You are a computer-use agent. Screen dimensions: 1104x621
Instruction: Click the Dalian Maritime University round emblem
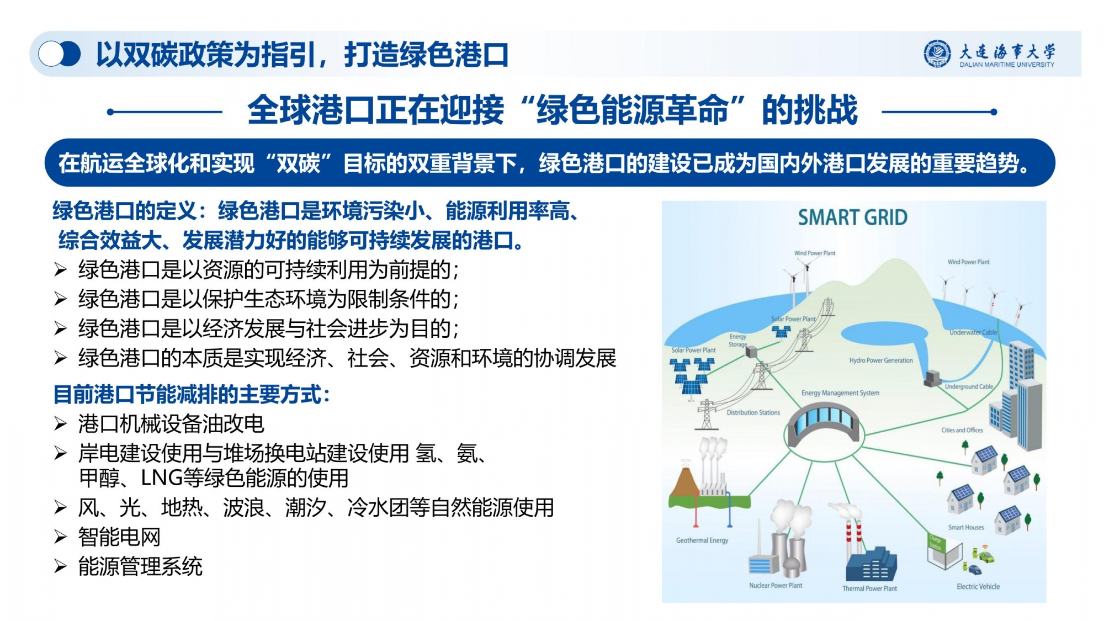pos(937,54)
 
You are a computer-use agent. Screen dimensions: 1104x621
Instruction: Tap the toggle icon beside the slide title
pos(60,54)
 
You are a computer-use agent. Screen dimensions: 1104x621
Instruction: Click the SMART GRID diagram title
pos(852,217)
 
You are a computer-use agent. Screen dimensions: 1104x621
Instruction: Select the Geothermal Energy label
pos(702,540)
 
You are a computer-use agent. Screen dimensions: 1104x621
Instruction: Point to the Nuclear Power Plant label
pos(776,585)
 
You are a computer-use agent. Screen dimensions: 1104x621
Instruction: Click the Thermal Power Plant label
pos(869,588)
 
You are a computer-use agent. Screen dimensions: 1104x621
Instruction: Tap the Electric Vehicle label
pos(978,587)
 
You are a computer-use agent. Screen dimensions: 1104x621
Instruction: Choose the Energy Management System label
pos(840,393)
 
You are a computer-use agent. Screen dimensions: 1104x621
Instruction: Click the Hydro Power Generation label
pos(881,360)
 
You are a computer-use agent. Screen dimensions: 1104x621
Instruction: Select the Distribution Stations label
pos(753,412)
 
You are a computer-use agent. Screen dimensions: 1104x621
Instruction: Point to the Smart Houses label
pos(966,527)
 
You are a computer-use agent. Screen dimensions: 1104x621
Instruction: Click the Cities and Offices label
pos(962,430)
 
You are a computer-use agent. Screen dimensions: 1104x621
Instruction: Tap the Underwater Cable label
pos(973,332)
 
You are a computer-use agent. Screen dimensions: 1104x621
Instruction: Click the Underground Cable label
pos(969,386)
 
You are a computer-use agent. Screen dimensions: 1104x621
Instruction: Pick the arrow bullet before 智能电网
pos(60,537)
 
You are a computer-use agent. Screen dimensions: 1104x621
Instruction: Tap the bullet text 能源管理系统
pos(140,566)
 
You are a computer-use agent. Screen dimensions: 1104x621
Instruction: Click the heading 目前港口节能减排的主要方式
pos(192,394)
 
